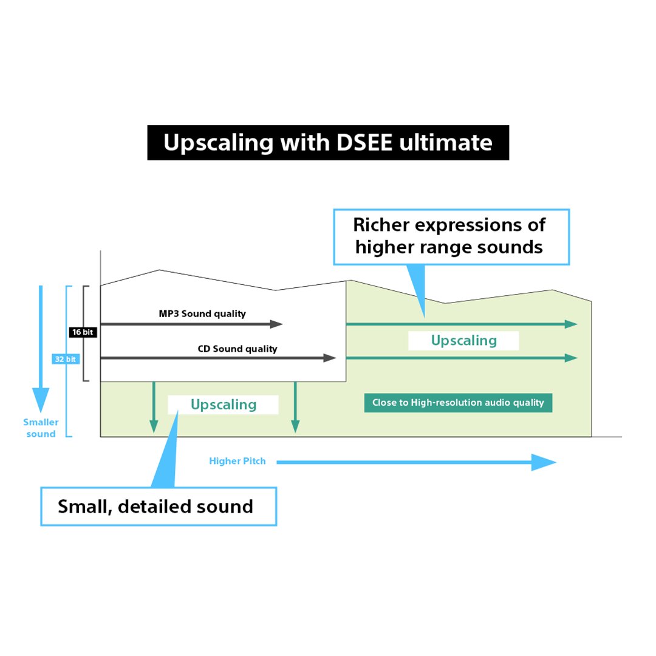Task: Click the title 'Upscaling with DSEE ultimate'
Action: click(328, 143)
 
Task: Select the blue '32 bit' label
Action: click(66, 359)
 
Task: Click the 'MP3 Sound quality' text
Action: click(202, 313)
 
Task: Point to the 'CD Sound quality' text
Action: click(237, 349)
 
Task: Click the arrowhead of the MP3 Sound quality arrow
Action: click(277, 324)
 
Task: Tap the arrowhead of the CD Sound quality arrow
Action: click(330, 358)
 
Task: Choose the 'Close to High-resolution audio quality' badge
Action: click(458, 403)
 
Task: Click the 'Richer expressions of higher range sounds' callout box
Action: click(451, 237)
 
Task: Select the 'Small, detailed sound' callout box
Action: click(159, 506)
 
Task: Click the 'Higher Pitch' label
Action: click(237, 461)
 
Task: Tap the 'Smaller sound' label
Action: click(41, 428)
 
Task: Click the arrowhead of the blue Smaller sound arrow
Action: click(41, 401)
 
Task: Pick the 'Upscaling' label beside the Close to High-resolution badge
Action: click(463, 341)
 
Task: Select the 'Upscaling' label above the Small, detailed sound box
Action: click(224, 405)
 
